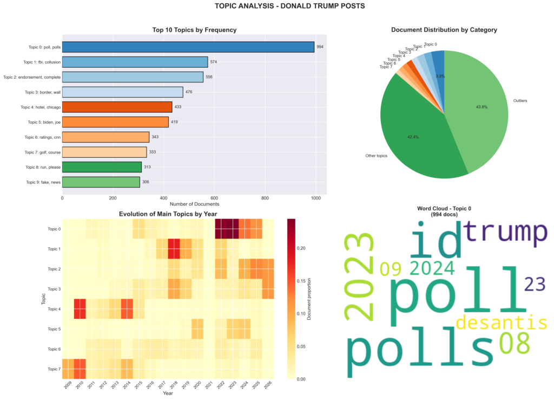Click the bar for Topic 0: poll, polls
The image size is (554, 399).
pos(188,47)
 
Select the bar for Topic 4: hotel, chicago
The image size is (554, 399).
pos(117,107)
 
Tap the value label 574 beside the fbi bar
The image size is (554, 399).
pos(214,62)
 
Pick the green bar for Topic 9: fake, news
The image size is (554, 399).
pos(101,182)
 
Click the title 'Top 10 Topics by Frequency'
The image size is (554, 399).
pos(194,30)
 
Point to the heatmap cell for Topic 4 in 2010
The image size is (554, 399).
pos(80,309)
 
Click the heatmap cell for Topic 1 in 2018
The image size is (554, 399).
pos(174,249)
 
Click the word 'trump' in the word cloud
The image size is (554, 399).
pos(505,231)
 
